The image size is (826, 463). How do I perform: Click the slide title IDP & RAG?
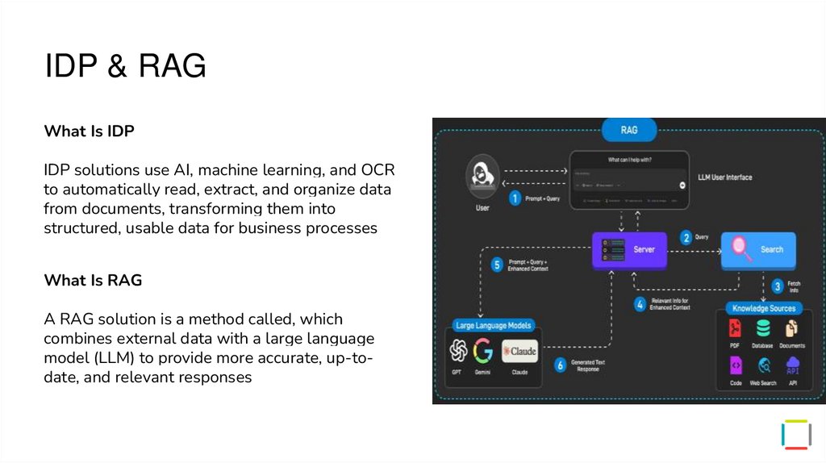tap(125, 65)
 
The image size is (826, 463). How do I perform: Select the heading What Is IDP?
tap(89, 131)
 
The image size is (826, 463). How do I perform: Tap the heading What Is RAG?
tap(93, 280)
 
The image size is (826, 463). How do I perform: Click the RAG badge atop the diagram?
tap(628, 130)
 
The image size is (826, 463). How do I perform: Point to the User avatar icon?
tap(482, 177)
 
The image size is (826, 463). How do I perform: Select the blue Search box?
tap(758, 249)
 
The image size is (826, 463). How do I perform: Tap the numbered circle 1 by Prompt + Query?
tap(515, 198)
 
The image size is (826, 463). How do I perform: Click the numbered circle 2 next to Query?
tap(686, 237)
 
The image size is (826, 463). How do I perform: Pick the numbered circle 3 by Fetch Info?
tap(777, 286)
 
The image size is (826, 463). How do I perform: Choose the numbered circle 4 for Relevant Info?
tap(640, 304)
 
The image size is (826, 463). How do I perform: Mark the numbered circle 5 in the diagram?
tap(497, 264)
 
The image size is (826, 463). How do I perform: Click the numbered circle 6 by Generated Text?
tap(560, 365)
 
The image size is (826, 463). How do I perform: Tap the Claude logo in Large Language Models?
tap(519, 351)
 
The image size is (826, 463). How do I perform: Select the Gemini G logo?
tap(483, 351)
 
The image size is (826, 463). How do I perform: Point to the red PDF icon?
tap(735, 328)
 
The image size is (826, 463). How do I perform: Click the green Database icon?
tap(762, 328)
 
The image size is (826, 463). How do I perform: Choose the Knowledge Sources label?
tap(763, 308)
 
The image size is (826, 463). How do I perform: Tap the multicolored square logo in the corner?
tap(796, 434)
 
